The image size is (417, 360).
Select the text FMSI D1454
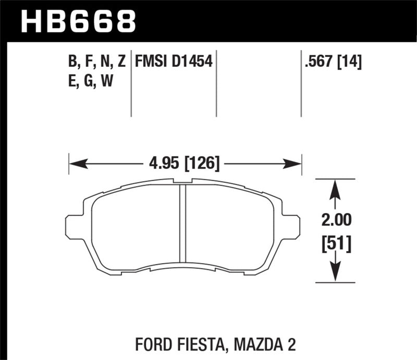[x=174, y=63]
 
